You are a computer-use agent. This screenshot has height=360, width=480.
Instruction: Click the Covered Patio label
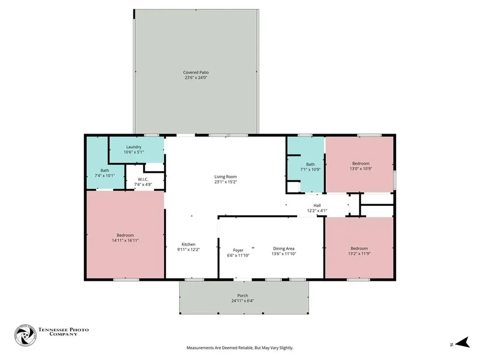pyautogui.click(x=196, y=73)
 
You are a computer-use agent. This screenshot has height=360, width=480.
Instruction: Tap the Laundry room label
pyautogui.click(x=134, y=147)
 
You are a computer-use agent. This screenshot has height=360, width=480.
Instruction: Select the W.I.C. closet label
pyautogui.click(x=143, y=180)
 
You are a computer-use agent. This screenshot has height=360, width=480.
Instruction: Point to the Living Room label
pyautogui.click(x=225, y=177)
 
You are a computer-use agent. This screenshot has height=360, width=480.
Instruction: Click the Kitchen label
pyautogui.click(x=188, y=244)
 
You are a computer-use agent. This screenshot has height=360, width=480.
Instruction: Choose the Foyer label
pyautogui.click(x=238, y=250)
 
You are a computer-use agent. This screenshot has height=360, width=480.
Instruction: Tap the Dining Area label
pyautogui.click(x=284, y=248)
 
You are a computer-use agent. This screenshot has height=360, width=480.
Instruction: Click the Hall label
pyautogui.click(x=317, y=205)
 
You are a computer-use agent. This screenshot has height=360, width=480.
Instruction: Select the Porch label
pyautogui.click(x=242, y=295)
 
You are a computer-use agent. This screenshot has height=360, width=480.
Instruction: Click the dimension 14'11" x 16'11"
pyautogui.click(x=125, y=240)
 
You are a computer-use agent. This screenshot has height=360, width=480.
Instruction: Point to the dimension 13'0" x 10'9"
pyautogui.click(x=361, y=168)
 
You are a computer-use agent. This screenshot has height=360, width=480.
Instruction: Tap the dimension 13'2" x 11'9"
pyautogui.click(x=360, y=254)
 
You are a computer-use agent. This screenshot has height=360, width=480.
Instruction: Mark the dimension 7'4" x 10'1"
pyautogui.click(x=105, y=175)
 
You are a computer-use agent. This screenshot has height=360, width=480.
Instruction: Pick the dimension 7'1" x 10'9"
pyautogui.click(x=310, y=169)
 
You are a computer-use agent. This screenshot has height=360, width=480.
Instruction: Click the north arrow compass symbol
pyautogui.click(x=463, y=343)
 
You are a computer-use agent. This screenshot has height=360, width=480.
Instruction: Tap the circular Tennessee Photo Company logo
pyautogui.click(x=25, y=335)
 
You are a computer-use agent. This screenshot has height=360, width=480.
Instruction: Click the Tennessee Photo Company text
pyautogui.click(x=63, y=332)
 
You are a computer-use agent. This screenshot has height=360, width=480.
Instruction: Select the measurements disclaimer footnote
pyautogui.click(x=240, y=348)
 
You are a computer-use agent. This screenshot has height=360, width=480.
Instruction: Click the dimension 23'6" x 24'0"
pyautogui.click(x=196, y=78)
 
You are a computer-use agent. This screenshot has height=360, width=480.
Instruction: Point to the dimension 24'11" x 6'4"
pyautogui.click(x=242, y=300)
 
